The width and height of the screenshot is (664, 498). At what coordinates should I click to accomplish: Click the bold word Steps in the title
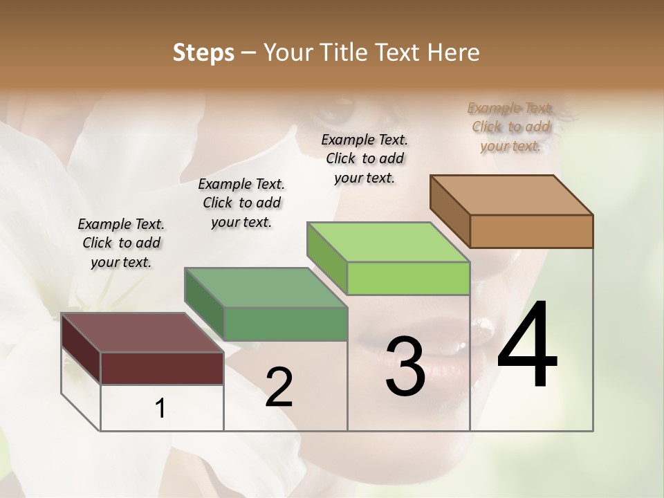click(203, 53)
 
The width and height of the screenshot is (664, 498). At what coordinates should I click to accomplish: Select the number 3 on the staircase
click(405, 367)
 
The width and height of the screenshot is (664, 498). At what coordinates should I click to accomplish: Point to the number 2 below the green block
click(279, 387)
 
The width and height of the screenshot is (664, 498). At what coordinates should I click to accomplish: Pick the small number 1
click(160, 409)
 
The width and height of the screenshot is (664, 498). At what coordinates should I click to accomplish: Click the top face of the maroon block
click(142, 332)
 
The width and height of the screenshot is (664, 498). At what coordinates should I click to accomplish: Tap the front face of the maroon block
click(162, 368)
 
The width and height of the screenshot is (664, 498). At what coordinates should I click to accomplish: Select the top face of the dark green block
click(266, 287)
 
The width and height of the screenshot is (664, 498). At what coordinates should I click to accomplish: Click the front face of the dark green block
click(285, 324)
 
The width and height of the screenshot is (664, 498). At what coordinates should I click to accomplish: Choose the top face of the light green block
click(388, 242)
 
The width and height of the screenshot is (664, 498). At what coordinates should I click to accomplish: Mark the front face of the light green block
click(408, 278)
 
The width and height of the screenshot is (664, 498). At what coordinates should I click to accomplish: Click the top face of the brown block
click(512, 194)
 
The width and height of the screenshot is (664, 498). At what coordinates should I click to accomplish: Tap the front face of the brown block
click(531, 231)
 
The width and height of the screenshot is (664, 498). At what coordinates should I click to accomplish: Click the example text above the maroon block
click(121, 243)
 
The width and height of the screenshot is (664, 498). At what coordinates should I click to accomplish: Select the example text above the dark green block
click(241, 203)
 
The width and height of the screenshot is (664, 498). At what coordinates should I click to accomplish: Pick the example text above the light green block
click(365, 158)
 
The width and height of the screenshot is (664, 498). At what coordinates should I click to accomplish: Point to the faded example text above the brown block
click(510, 127)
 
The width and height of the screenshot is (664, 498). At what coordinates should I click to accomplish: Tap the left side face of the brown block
click(450, 211)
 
